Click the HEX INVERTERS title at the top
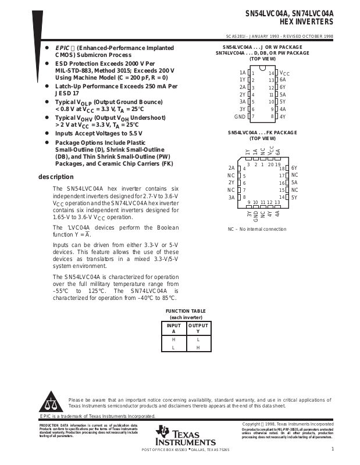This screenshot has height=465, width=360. [x=309, y=22]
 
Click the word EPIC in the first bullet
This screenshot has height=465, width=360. [x=62, y=48]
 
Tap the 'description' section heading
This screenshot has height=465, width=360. [x=56, y=177]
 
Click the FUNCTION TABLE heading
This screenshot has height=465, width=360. [x=186, y=312]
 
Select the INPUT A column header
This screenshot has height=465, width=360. [x=173, y=328]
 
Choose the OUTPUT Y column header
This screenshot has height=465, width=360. [x=198, y=328]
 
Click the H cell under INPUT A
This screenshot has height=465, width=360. [x=173, y=339]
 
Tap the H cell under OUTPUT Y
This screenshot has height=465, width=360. [x=198, y=348]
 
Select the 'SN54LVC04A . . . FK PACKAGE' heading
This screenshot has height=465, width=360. [x=262, y=133]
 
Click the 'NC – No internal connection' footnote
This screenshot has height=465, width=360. [x=256, y=229]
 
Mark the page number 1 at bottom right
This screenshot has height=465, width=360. [x=332, y=449]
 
